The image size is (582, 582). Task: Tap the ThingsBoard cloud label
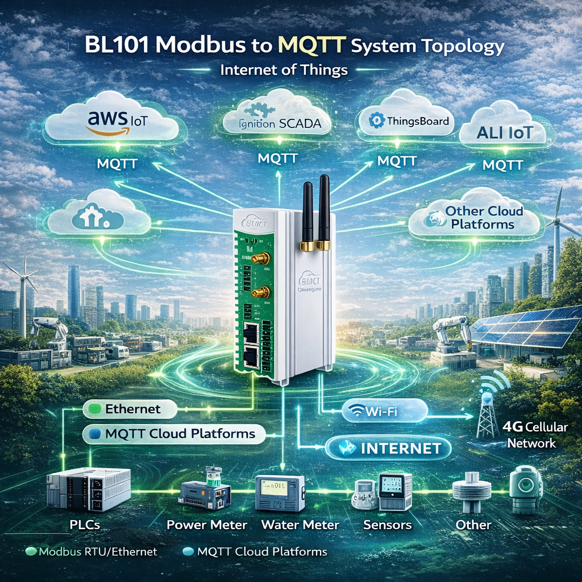[409, 121]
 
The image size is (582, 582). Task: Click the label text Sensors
[387, 524]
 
